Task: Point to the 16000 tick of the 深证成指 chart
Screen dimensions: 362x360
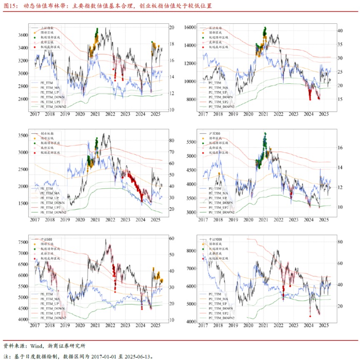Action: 190,27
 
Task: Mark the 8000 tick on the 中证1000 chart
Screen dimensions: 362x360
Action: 191,250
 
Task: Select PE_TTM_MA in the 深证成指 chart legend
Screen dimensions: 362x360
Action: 219,88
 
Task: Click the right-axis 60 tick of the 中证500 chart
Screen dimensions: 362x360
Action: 171,238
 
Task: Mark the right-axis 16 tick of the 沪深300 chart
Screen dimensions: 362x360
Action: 340,148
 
